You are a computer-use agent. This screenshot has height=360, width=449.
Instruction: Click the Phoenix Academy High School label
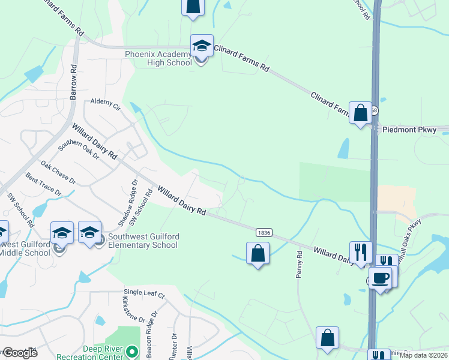click(158, 58)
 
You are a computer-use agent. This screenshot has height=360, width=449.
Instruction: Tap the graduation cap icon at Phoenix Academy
click(202, 46)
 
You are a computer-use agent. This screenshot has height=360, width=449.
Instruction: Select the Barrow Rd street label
click(74, 83)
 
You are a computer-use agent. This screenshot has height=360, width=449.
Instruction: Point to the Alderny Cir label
click(105, 104)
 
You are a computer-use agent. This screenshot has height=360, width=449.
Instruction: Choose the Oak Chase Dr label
click(58, 172)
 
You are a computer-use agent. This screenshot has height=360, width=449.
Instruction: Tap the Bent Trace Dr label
click(43, 184)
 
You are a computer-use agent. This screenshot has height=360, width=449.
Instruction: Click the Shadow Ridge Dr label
click(127, 203)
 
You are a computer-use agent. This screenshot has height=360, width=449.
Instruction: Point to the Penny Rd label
click(299, 263)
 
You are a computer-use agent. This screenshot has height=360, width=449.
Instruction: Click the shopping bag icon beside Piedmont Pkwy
click(360, 113)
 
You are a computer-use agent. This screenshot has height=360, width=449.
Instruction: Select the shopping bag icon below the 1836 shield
click(258, 253)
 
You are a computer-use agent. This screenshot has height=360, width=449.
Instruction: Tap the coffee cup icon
click(380, 278)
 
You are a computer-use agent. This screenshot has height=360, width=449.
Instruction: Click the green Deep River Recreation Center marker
click(133, 350)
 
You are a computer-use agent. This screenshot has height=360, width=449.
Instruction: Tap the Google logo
click(19, 353)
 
